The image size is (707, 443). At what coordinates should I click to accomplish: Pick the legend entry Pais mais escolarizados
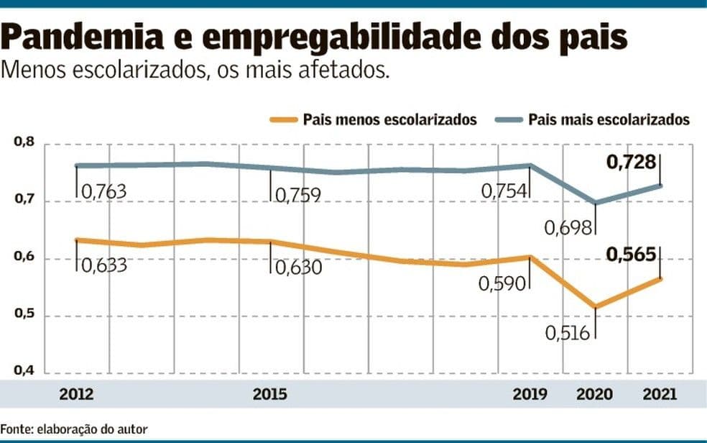609,119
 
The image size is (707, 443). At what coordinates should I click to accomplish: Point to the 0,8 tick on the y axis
24,144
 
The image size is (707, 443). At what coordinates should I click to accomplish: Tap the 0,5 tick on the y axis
24,316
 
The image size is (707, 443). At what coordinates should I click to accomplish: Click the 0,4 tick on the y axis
24,372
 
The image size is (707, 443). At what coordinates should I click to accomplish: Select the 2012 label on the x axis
76,394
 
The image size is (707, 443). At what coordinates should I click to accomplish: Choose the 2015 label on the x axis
270,394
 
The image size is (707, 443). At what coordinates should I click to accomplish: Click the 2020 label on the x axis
595,394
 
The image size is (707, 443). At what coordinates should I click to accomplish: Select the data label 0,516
568,333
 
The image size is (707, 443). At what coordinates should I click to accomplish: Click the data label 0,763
103,192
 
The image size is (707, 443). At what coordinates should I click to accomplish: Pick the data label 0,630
297,267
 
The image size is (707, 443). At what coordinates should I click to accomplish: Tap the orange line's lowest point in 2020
595,308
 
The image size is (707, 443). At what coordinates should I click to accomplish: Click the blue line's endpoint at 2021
660,186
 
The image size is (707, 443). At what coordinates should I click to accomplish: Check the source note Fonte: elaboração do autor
74,429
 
